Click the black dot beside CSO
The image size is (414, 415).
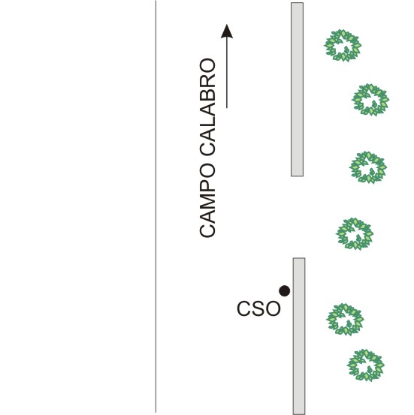coord(285,291)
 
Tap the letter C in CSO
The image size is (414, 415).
coord(243,308)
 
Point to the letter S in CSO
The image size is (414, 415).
coord(258,308)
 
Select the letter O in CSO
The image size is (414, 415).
coord(273,308)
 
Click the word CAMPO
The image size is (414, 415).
coord(207,200)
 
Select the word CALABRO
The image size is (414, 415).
coord(207,107)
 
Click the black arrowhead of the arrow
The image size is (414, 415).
coord(227,32)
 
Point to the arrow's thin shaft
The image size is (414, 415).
coord(227,73)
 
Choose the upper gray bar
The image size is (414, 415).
coord(297,89)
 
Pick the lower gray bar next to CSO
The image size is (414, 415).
coord(299,336)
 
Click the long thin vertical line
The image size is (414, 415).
coord(156,206)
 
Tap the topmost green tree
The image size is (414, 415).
coord(343,46)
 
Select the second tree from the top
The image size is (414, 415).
coord(370,100)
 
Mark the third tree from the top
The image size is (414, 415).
coord(368,167)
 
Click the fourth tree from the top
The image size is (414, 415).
coord(355,234)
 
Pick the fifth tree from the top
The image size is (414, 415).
coord(345,320)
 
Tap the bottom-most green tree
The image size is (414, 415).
coord(366,365)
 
